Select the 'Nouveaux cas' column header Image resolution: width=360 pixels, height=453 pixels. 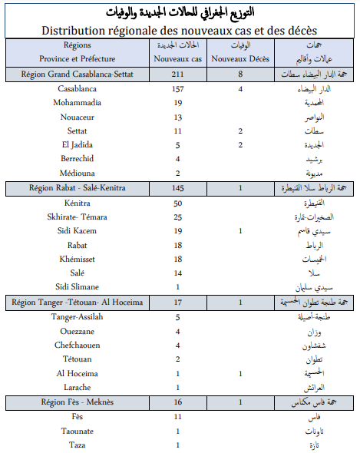(x=177, y=58)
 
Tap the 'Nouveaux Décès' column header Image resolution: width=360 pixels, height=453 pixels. (x=241, y=58)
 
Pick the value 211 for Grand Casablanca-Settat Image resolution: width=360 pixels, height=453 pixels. (x=177, y=74)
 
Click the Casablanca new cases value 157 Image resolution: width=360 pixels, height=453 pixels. (x=177, y=90)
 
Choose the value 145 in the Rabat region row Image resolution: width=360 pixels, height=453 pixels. (x=177, y=188)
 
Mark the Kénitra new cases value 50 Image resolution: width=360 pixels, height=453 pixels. (x=177, y=203)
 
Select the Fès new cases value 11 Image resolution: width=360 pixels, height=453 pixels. (x=177, y=417)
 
